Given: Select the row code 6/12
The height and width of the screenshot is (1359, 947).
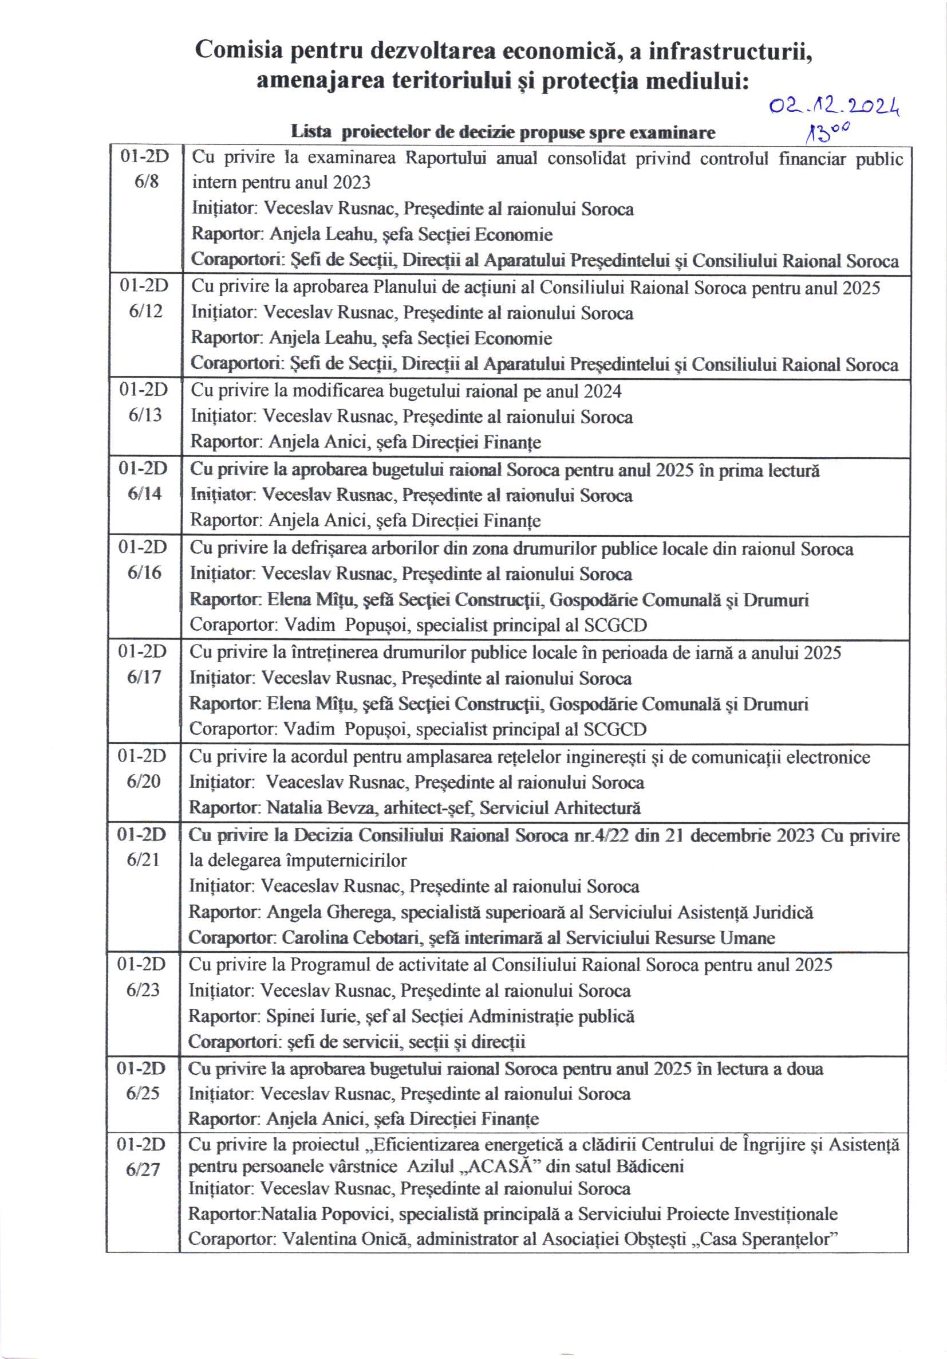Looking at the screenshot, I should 145,311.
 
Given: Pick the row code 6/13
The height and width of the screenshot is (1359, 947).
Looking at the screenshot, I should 145,415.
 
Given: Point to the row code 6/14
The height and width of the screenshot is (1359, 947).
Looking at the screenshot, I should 145,493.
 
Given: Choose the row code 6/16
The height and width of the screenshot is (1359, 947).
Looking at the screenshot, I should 144,572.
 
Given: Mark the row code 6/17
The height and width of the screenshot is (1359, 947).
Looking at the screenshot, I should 144,677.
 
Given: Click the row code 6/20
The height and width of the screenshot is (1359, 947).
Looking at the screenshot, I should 144,781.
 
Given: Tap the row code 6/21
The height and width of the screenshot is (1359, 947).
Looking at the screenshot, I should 144,859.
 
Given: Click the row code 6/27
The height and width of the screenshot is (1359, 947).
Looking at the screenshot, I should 143,1169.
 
